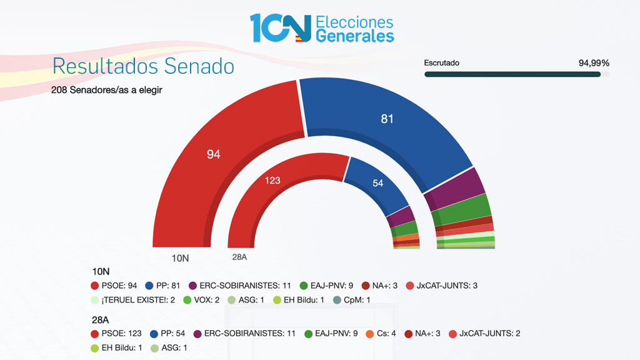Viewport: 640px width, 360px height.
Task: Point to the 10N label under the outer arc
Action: coord(180,257)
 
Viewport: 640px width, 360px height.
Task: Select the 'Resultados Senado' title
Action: coord(143,66)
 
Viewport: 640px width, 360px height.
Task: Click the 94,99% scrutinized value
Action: coord(594,63)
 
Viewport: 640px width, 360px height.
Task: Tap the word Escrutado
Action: coord(441,63)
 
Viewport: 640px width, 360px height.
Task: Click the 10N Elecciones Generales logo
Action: coord(322,28)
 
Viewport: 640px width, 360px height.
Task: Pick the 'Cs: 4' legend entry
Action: coord(381,334)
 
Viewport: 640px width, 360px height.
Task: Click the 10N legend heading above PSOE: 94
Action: coord(101,272)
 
